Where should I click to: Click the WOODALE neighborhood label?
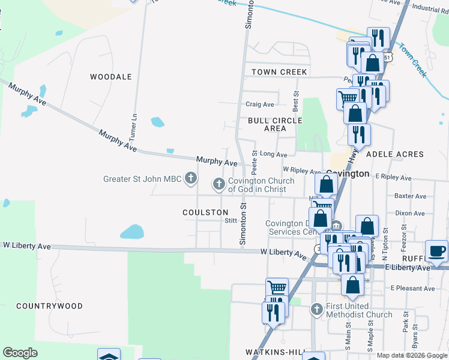(x=110, y=77)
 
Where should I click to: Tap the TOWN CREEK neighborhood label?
(x=279, y=72)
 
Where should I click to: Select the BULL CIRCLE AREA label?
(x=275, y=124)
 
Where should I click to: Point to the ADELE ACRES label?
(x=395, y=154)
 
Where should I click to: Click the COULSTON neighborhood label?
(x=206, y=212)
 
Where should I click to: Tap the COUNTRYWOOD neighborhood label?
(x=49, y=306)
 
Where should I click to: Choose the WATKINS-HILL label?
(x=273, y=352)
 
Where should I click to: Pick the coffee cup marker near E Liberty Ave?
(x=436, y=251)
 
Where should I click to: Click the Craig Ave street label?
(x=260, y=104)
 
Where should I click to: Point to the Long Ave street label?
(x=273, y=154)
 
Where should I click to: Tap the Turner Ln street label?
(x=134, y=125)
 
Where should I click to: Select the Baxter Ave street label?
(x=411, y=196)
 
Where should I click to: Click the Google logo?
(x=20, y=353)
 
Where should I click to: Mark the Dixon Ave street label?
(x=410, y=213)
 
